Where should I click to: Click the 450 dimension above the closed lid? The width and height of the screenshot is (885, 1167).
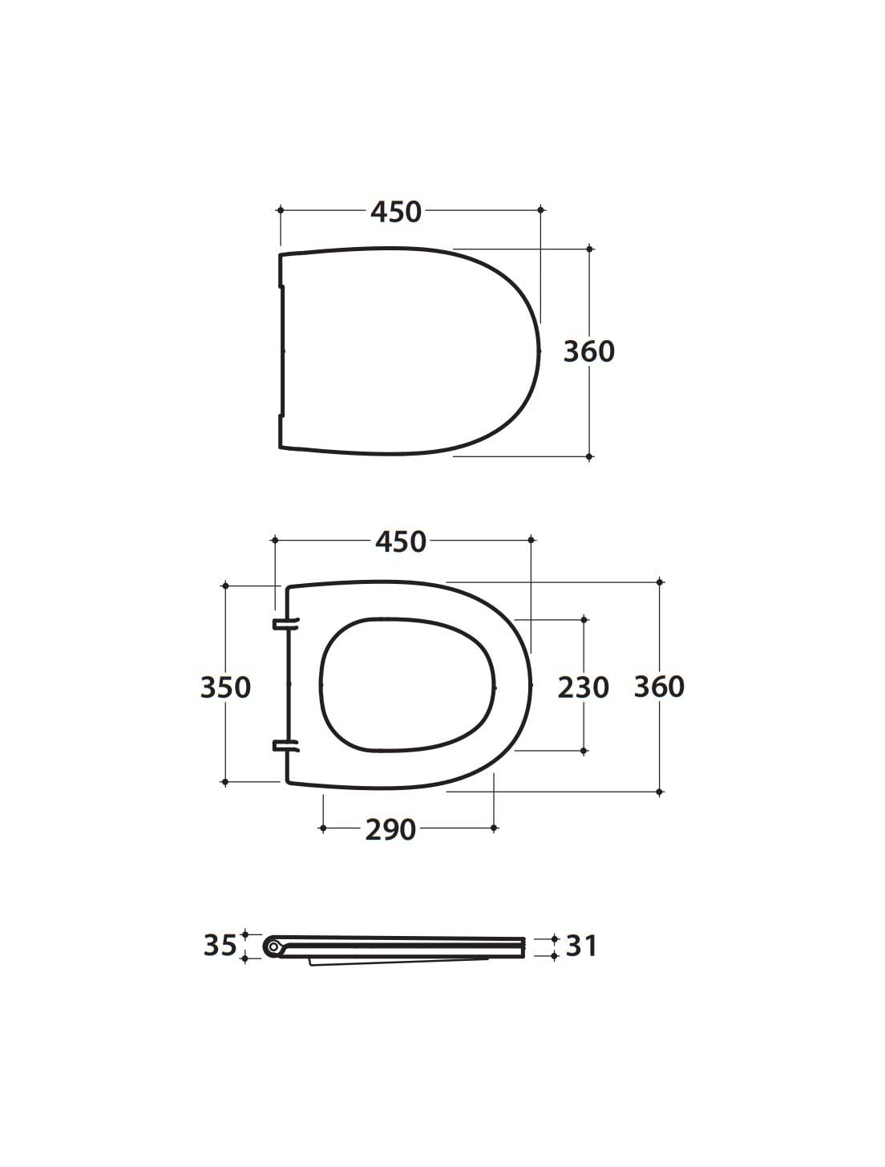pyautogui.click(x=396, y=212)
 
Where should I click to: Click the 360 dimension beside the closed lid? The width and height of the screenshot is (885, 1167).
pyautogui.click(x=588, y=351)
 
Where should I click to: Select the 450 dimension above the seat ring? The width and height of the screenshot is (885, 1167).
pyautogui.click(x=401, y=541)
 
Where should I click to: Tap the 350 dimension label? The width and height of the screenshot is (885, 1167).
pyautogui.click(x=225, y=687)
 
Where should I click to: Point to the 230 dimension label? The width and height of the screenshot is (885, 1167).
pyautogui.click(x=583, y=687)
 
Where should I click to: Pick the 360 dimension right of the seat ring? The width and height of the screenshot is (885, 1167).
pyautogui.click(x=659, y=687)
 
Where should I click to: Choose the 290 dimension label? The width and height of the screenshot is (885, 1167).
pyautogui.click(x=390, y=830)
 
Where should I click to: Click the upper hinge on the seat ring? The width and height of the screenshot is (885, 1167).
pyautogui.click(x=286, y=624)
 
